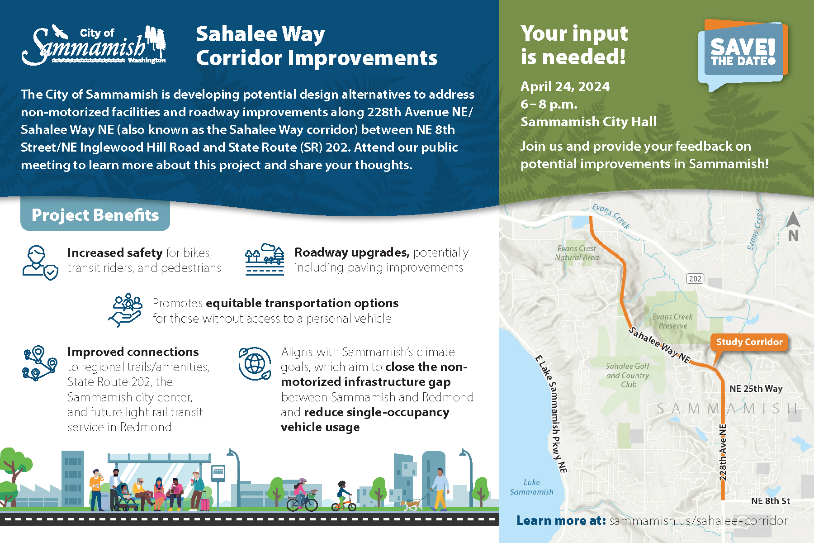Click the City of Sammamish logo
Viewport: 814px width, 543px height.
click(x=94, y=45)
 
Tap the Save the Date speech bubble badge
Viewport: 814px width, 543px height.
click(x=743, y=54)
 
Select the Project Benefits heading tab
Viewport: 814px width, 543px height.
click(x=95, y=215)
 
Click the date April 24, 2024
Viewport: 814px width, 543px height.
click(x=565, y=86)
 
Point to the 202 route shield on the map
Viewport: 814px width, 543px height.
click(x=695, y=279)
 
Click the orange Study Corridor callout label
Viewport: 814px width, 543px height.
click(x=749, y=342)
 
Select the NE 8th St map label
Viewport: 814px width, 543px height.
click(x=770, y=501)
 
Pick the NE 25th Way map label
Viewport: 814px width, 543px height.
click(x=756, y=389)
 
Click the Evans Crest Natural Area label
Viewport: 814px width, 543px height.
click(x=577, y=253)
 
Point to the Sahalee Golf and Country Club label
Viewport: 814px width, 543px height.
click(x=628, y=375)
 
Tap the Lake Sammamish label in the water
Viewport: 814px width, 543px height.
click(x=531, y=487)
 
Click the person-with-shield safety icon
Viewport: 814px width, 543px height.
click(x=40, y=263)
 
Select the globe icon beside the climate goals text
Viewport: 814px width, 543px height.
click(x=255, y=363)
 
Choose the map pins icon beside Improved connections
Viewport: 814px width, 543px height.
click(x=40, y=363)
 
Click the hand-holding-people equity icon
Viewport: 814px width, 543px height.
click(x=125, y=310)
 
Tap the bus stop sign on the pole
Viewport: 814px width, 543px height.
click(x=218, y=473)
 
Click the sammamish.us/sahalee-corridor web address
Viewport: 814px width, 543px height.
click(x=698, y=521)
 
